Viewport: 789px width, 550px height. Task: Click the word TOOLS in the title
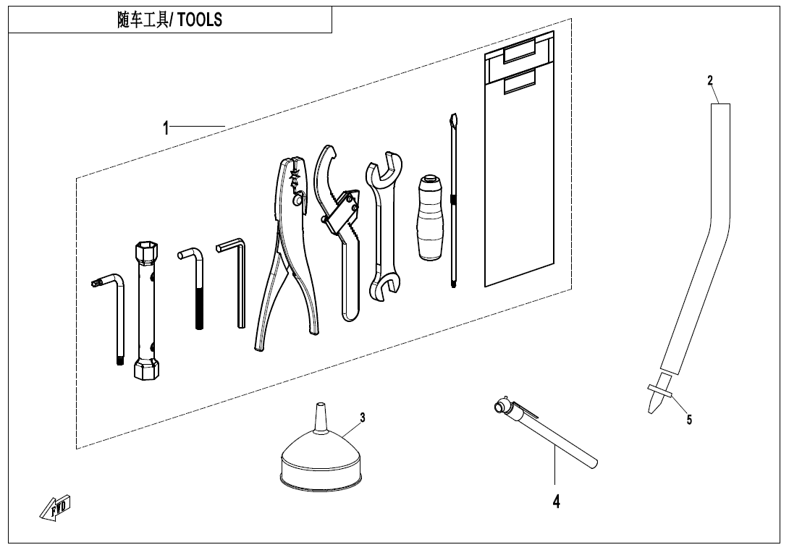tap(199, 20)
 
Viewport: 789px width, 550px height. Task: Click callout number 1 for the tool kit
tap(166, 128)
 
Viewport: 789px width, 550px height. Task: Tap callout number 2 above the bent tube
tap(710, 80)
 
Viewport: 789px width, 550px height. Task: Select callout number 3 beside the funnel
tap(363, 417)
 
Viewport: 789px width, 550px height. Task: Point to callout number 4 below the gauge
tap(556, 502)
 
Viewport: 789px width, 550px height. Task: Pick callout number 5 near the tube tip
tap(689, 419)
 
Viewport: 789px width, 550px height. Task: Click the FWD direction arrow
tap(55, 508)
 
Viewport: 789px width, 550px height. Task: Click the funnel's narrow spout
tap(320, 417)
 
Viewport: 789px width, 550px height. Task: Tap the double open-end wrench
tap(384, 226)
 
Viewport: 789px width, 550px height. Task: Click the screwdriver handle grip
tap(430, 217)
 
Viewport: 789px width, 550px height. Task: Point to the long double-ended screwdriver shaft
tap(453, 200)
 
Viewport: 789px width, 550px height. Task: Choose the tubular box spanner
tap(146, 310)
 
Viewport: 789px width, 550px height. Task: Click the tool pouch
tap(519, 159)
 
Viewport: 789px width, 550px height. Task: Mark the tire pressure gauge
tap(544, 432)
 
